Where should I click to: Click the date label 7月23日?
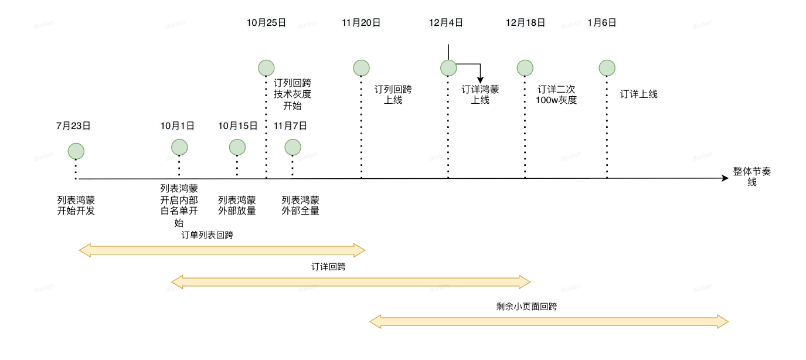(x=73, y=125)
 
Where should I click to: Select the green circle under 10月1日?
(x=179, y=147)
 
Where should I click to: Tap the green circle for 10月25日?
(x=267, y=68)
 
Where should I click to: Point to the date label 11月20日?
(x=361, y=23)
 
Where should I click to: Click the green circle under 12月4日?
(x=448, y=67)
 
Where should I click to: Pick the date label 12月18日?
(x=525, y=23)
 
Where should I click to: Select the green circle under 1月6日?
(x=607, y=67)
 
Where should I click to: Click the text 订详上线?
(x=639, y=94)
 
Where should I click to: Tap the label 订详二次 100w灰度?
(x=557, y=95)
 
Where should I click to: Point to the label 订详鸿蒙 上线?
(x=480, y=95)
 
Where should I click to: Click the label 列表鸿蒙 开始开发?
(x=76, y=205)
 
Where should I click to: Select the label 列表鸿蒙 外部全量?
(x=300, y=205)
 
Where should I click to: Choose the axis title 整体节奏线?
(x=751, y=176)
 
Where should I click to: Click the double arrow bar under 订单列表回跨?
(x=222, y=251)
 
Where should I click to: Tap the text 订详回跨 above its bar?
(x=328, y=267)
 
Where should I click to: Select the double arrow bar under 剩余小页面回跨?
(x=549, y=321)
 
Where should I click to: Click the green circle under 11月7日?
(x=293, y=147)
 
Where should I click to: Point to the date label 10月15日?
(x=237, y=125)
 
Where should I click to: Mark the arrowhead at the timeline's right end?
(x=725, y=178)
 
